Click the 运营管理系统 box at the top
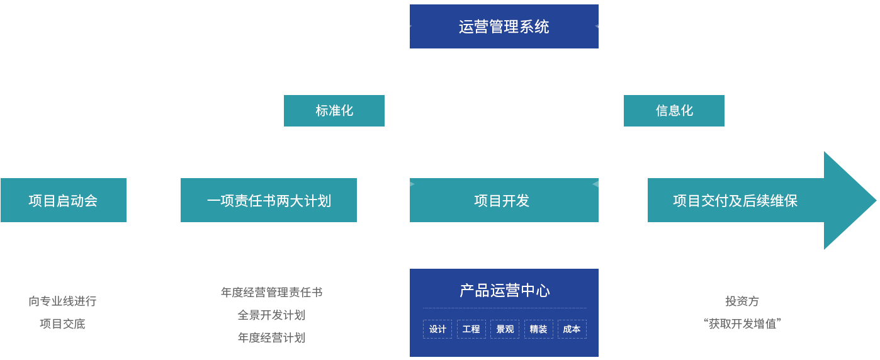click(x=504, y=26)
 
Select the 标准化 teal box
click(x=334, y=111)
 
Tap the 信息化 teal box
click(x=674, y=111)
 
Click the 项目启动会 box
click(x=63, y=201)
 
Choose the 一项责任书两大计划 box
click(x=269, y=201)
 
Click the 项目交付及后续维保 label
click(x=735, y=201)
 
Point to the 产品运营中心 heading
click(x=504, y=290)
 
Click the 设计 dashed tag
click(x=437, y=329)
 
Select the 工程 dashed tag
click(x=471, y=329)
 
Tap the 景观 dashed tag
click(x=505, y=329)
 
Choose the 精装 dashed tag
click(x=538, y=329)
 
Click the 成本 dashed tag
click(x=572, y=329)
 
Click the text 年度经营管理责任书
click(x=271, y=293)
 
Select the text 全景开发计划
click(x=271, y=315)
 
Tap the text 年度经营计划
click(x=271, y=338)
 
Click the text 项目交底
click(x=62, y=324)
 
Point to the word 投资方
click(x=742, y=301)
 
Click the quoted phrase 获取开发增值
click(x=742, y=324)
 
